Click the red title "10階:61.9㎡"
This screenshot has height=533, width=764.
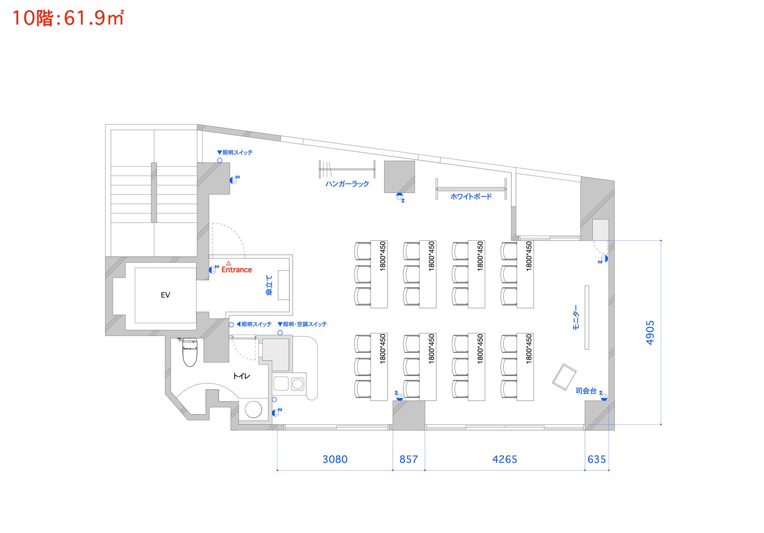(x=68, y=18)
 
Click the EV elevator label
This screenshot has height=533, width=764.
(x=165, y=295)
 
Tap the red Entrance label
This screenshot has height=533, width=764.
(x=236, y=269)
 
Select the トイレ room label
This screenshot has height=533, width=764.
(x=242, y=376)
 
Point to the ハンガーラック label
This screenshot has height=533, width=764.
(x=347, y=184)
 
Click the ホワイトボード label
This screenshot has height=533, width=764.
(x=471, y=196)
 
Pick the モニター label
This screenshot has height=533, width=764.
(x=575, y=317)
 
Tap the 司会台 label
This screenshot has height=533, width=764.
(x=586, y=391)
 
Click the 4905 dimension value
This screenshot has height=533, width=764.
(x=650, y=332)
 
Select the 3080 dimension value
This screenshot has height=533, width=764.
(x=335, y=459)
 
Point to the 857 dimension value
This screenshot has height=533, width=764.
(x=408, y=459)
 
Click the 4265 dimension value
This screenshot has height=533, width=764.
(x=505, y=459)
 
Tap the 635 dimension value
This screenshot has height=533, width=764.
(x=596, y=459)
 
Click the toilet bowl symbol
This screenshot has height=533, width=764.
(x=190, y=353)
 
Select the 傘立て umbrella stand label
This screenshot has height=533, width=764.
(x=269, y=285)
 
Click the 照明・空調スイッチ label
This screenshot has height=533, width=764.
(x=305, y=324)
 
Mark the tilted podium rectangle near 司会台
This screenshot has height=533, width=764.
(x=564, y=377)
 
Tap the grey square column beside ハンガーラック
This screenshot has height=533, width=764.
(x=399, y=176)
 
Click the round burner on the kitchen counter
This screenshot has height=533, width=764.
(x=298, y=384)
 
